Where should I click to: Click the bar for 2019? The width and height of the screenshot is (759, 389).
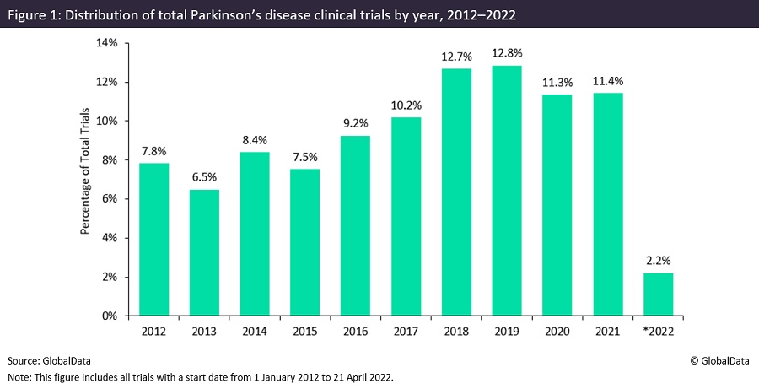[506, 191]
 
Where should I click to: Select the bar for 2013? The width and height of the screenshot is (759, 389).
[203, 252]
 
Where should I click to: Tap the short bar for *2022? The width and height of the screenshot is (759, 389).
[657, 294]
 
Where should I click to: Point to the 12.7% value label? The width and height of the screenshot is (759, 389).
[455, 57]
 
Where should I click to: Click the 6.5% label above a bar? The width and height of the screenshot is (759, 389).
[203, 179]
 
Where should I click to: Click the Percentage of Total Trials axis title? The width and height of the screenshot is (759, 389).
[85, 180]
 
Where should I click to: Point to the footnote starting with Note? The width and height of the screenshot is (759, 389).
[202, 377]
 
